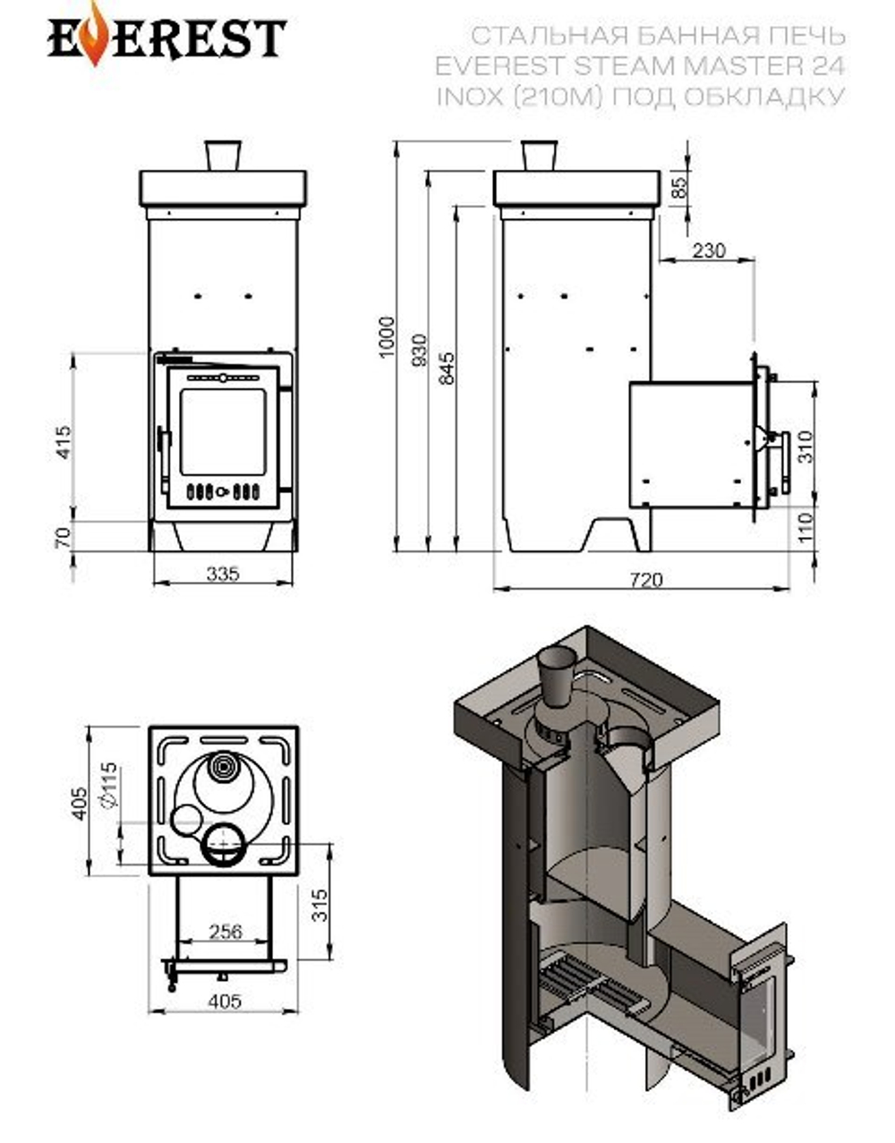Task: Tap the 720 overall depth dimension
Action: pos(646,580)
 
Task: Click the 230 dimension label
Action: pos(709,251)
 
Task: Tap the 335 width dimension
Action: pos(223,575)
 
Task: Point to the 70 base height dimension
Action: pos(63,536)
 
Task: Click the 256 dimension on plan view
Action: pos(225,932)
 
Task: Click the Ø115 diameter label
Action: pos(109,784)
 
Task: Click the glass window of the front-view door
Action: pos(223,432)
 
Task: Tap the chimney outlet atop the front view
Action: pos(223,155)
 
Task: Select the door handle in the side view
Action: pos(784,462)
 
